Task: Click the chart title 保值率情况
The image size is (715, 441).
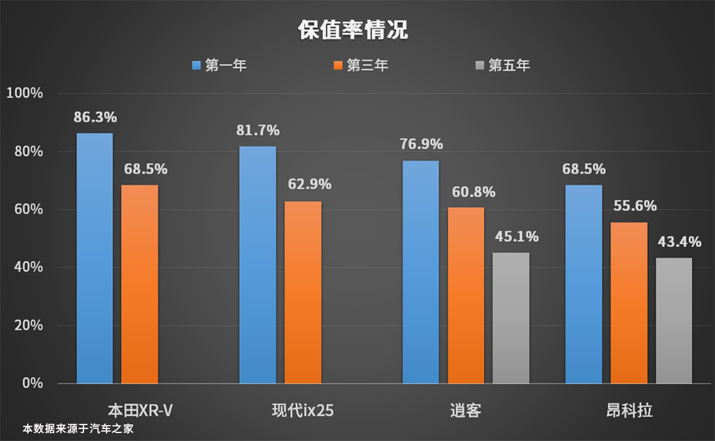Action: pyautogui.click(x=352, y=30)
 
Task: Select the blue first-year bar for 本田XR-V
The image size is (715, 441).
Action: pyautogui.click(x=95, y=258)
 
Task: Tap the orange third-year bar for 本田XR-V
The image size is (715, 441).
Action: pyautogui.click(x=140, y=284)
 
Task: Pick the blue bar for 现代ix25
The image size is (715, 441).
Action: pyautogui.click(x=258, y=265)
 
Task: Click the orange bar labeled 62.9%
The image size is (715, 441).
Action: pyautogui.click(x=303, y=292)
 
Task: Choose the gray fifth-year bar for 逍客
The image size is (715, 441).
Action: pyautogui.click(x=511, y=318)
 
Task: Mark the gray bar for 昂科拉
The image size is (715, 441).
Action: pyautogui.click(x=674, y=320)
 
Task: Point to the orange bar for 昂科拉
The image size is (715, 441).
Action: pyautogui.click(x=629, y=303)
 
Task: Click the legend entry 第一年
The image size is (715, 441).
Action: pyautogui.click(x=219, y=66)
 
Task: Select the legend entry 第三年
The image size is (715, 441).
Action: pyautogui.click(x=361, y=66)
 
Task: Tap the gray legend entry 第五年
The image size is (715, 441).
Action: pyautogui.click(x=502, y=66)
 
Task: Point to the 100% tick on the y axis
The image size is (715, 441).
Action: pyautogui.click(x=24, y=93)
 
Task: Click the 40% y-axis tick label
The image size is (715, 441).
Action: pyautogui.click(x=27, y=268)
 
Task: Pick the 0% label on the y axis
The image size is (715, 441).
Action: pyautogui.click(x=32, y=383)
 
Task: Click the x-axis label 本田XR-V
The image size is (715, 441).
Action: pyautogui.click(x=140, y=411)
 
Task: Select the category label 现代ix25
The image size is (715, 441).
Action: pyautogui.click(x=303, y=411)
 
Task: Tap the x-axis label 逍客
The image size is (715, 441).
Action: pyautogui.click(x=465, y=411)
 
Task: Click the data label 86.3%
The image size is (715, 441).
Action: pyautogui.click(x=95, y=118)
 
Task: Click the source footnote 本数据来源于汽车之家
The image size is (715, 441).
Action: pyautogui.click(x=78, y=429)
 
